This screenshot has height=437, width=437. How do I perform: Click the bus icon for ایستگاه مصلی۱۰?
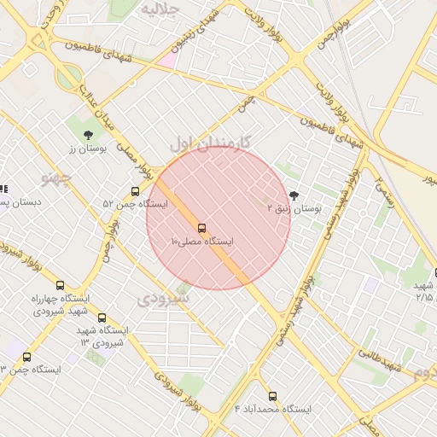pos(202,228)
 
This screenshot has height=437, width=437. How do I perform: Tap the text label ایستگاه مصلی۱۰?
pos(202,242)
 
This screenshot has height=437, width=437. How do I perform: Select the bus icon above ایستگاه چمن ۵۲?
pos(135,191)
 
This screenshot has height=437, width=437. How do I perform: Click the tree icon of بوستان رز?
pos(88,135)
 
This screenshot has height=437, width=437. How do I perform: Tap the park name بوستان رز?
pos(86,149)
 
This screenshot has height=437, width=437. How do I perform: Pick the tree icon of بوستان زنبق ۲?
pos(294,195)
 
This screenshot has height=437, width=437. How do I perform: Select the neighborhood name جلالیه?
pos(160,10)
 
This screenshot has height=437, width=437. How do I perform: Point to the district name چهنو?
pos(57,178)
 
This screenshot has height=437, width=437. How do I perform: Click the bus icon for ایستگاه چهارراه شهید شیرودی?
pos(59,285)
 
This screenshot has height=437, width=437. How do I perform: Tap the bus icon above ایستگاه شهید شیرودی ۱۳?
pos(102,318)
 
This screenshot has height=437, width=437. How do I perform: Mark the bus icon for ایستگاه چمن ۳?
pos(26,357)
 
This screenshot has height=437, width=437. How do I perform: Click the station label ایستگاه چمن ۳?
pos(31,370)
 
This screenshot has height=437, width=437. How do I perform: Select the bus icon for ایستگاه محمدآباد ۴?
pos(272,396)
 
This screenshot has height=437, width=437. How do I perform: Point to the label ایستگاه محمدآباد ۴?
pos(272,410)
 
